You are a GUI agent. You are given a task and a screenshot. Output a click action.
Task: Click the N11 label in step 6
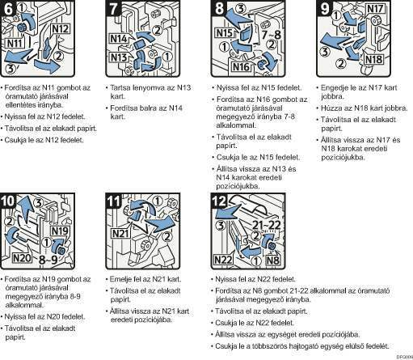[x=15, y=43]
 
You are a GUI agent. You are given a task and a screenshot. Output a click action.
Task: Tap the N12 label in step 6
[x=60, y=29]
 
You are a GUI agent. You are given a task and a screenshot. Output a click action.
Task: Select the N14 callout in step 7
[x=119, y=39]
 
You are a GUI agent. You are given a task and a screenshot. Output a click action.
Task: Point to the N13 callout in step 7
[x=119, y=57]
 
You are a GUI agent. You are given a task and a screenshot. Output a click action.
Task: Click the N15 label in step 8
[x=225, y=33]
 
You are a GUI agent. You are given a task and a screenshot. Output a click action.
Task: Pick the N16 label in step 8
[x=241, y=67]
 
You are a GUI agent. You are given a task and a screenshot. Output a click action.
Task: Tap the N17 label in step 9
[x=375, y=9]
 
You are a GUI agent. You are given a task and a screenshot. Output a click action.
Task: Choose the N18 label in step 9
[x=373, y=59]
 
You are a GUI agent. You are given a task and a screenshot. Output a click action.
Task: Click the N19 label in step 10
[x=60, y=231]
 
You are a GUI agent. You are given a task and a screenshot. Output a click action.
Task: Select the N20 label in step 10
[x=22, y=258]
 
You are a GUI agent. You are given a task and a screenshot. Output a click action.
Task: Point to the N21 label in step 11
[x=120, y=233]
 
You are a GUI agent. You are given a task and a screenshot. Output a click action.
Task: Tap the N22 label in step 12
[x=223, y=260]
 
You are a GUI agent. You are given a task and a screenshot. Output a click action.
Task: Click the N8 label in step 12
[x=272, y=260]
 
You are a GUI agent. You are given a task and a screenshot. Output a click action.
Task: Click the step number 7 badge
[x=113, y=8]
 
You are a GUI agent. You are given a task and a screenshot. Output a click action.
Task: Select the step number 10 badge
[x=7, y=201]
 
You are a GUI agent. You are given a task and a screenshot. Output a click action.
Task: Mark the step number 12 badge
[x=220, y=201]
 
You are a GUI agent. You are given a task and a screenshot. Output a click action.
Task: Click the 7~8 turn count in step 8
[x=271, y=35]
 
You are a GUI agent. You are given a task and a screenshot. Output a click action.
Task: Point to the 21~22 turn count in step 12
[x=267, y=225]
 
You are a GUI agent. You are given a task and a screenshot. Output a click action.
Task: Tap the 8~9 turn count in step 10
[x=48, y=260]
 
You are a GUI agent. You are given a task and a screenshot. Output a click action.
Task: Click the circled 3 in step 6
[x=11, y=69]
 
